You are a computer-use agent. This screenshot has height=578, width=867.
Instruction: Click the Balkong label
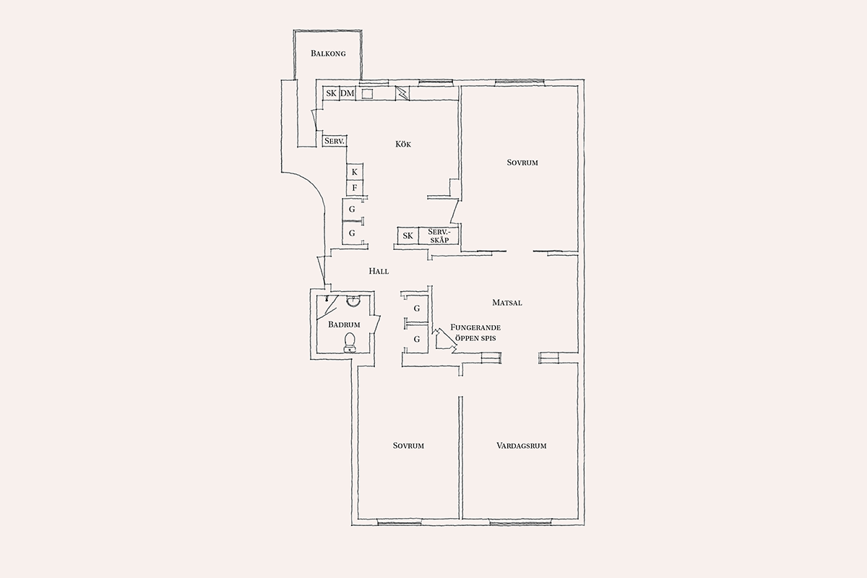328,53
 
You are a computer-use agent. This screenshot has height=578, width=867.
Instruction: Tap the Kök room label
403,144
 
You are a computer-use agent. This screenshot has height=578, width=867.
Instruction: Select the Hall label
379,271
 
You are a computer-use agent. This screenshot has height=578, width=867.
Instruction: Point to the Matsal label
507,303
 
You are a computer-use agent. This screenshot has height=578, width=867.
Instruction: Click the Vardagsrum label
522,446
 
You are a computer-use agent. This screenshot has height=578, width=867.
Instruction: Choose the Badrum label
344,324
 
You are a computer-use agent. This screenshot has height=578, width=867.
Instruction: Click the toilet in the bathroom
350,342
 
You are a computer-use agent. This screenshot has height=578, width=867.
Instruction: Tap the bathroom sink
353,301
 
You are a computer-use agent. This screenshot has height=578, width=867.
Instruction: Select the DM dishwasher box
348,93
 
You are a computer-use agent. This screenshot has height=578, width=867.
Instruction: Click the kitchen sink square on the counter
367,94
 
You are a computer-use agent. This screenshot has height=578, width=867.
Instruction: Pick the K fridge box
355,172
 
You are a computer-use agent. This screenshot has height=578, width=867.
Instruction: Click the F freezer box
355,188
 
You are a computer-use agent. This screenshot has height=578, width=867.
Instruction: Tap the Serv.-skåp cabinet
439,236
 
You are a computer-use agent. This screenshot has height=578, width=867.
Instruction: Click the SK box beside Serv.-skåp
408,236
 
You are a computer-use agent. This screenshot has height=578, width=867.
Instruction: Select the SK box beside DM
332,93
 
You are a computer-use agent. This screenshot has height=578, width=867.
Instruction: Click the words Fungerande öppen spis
475,332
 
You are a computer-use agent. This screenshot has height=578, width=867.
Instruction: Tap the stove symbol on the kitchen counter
402,93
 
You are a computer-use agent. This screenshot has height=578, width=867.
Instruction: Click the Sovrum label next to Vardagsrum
408,446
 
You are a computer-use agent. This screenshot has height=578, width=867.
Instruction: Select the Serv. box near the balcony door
335,141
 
